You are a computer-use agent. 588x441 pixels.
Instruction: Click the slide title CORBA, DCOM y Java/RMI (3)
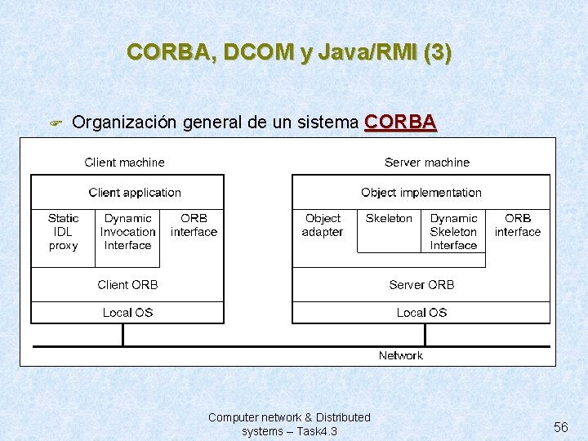[289, 52]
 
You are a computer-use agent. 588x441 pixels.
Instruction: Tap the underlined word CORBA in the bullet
[400, 122]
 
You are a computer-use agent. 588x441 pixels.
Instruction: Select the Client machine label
[124, 163]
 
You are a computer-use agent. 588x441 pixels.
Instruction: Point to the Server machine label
[427, 163]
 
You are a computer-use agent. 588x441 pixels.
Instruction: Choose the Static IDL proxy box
[63, 232]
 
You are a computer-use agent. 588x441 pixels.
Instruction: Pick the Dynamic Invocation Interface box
[127, 232]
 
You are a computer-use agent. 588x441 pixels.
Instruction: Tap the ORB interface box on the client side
[194, 225]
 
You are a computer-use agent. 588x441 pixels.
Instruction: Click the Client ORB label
[127, 285]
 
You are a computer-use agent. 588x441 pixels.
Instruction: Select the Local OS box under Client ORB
[127, 313]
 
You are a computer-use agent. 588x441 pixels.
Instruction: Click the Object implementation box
[421, 193]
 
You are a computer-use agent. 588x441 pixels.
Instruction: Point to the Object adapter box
[323, 225]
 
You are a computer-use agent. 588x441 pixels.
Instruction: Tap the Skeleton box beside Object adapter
[389, 219]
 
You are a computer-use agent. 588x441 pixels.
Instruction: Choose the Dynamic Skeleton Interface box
[453, 232]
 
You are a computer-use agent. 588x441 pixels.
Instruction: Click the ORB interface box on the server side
[518, 225]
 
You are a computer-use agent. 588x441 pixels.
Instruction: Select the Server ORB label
[421, 285]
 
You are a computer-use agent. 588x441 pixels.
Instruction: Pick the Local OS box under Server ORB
[421, 313]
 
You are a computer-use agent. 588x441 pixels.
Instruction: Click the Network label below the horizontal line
[400, 356]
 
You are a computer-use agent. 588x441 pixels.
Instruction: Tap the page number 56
[560, 427]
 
